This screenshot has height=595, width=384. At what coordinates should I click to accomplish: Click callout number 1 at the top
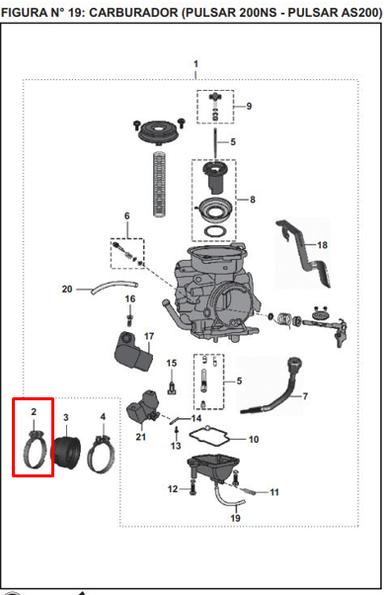(x=195, y=64)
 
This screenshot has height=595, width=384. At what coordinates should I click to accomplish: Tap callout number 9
(x=249, y=106)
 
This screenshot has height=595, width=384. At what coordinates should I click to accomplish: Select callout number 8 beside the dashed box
(x=253, y=200)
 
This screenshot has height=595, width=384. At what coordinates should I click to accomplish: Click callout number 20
(x=67, y=290)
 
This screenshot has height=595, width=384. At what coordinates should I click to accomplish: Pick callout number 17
(x=149, y=337)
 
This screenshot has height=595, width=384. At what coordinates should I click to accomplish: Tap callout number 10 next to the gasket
(x=254, y=438)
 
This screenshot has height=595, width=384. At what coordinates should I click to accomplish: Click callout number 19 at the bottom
(x=235, y=518)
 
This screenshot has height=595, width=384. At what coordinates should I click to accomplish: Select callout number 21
(x=139, y=437)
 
